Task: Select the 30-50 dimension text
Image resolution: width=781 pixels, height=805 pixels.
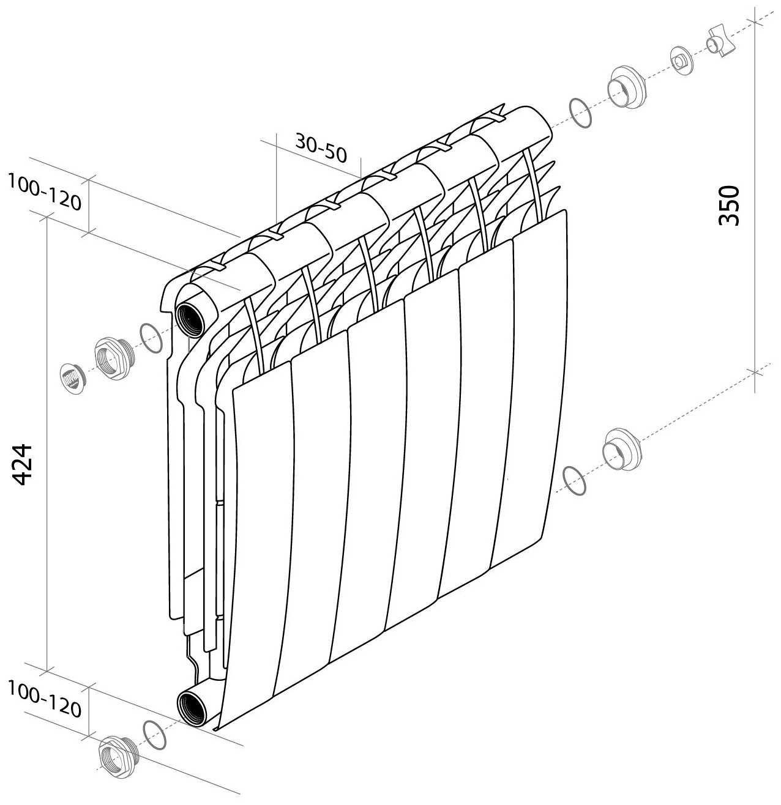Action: [x=321, y=147]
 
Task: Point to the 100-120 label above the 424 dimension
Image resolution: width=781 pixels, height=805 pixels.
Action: [x=44, y=191]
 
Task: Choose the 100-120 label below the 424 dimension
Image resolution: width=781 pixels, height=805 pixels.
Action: [x=44, y=700]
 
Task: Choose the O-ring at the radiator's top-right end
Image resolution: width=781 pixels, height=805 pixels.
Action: [x=580, y=113]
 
